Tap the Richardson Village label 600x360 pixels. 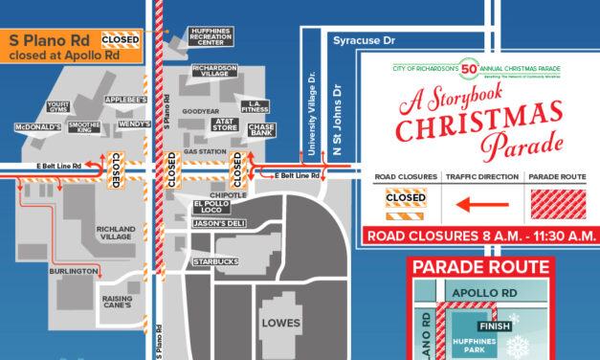pos(214,72)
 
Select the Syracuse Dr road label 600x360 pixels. pos(363,42)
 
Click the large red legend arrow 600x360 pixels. pos(481,203)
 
